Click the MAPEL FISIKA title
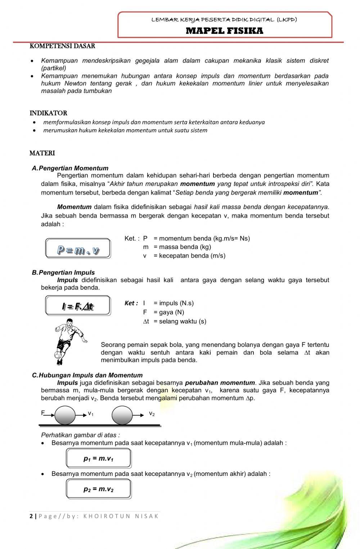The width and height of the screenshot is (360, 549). [x=224, y=31]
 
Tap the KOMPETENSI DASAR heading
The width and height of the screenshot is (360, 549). [x=62, y=46]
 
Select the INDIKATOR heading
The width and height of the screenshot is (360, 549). [x=48, y=113]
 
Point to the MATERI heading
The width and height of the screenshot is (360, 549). [x=42, y=153]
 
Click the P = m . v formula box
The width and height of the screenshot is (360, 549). [x=78, y=249]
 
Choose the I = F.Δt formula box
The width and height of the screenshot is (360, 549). [x=78, y=306]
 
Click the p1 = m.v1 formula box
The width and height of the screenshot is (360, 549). [x=98, y=459]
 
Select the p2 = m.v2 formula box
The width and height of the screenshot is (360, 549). [x=98, y=489]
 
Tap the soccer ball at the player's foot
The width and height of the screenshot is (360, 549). [x=58, y=355]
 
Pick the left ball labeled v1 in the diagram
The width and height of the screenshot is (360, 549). [x=65, y=415]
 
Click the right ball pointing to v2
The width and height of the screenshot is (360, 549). [x=122, y=415]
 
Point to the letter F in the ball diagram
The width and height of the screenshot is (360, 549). [x=43, y=413]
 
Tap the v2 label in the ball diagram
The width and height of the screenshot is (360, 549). [x=152, y=414]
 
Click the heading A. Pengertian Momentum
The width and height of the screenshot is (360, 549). [x=70, y=168]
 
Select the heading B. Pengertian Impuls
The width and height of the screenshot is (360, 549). [x=63, y=273]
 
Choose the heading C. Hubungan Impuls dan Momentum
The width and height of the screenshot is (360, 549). [x=87, y=375]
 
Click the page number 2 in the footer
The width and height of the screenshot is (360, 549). [x=31, y=516]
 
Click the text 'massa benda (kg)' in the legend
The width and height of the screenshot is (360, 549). [x=185, y=247]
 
